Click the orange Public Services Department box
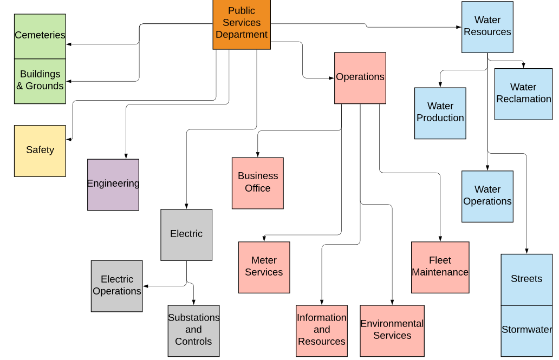242,24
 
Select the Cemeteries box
40,36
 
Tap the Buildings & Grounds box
40,81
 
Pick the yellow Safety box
40,150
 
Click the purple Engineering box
113,184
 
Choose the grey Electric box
186,234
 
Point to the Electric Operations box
117,286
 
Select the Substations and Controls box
193,330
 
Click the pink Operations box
360,77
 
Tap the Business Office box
258,183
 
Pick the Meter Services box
264,267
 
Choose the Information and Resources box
322,330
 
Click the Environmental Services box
392,330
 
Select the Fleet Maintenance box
440,267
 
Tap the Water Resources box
487,27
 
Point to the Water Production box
440,113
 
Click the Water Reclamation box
523,94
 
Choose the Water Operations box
487,196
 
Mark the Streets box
526,279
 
